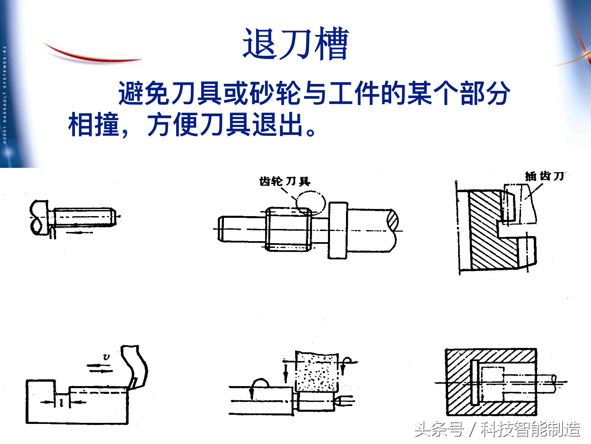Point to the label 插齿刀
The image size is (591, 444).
(x=544, y=176)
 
